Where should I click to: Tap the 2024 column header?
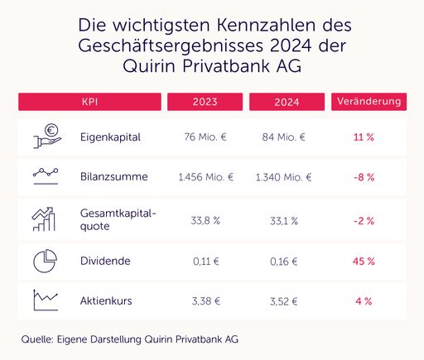[x=286, y=102]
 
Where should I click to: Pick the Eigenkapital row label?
[x=109, y=136]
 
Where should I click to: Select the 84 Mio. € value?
[x=284, y=136]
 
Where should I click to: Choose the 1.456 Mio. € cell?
[x=205, y=176]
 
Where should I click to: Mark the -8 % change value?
[x=364, y=176]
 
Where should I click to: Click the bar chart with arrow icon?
[x=46, y=219]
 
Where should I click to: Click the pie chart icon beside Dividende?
[x=46, y=260]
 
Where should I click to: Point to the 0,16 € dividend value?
[x=284, y=261]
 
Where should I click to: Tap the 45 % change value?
[x=364, y=261]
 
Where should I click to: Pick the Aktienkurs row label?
[x=106, y=300]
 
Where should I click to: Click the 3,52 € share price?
[x=284, y=300]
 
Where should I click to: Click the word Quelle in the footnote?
[x=36, y=338]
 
